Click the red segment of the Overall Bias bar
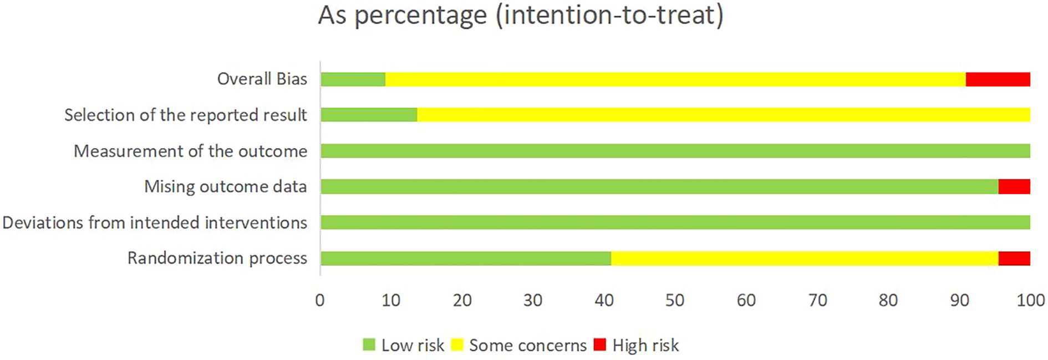998,79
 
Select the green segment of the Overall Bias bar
353,79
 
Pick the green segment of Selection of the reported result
369,115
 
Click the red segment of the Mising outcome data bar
1014,186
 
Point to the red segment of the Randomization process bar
1014,258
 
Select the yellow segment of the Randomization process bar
804,258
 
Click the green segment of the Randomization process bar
466,258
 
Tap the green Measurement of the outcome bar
675,151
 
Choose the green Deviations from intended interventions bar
675,222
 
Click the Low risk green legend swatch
369,344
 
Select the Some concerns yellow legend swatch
457,344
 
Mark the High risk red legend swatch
599,344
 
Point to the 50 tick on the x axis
675,300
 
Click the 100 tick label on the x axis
1030,300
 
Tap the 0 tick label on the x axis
320,300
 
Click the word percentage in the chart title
420,16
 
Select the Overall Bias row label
262,79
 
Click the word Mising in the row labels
170,186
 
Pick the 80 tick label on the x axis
888,300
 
